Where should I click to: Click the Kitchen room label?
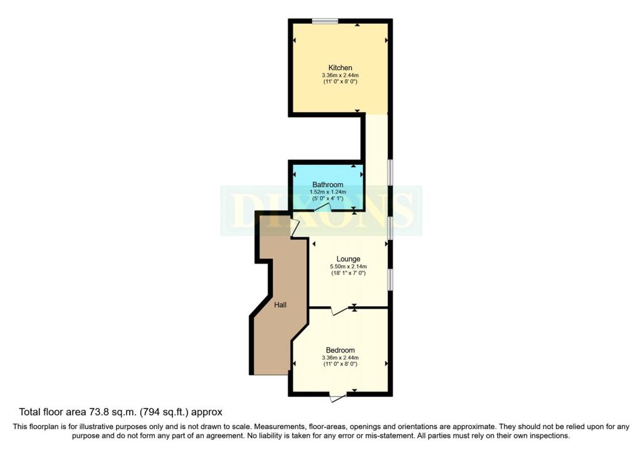[x=340, y=68]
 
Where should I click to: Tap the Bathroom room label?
[x=327, y=185]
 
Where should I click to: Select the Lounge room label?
[x=348, y=259]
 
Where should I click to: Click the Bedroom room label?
[x=340, y=350]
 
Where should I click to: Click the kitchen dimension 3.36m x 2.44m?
[x=340, y=76]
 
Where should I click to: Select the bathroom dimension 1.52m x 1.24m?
[x=327, y=192]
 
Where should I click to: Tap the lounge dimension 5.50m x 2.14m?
[x=348, y=267]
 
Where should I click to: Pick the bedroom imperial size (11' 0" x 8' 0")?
[x=340, y=364]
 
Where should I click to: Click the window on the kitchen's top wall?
[x=326, y=22]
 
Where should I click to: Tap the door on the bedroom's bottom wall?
[x=338, y=396]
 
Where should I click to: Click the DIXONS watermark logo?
[x=321, y=210]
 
